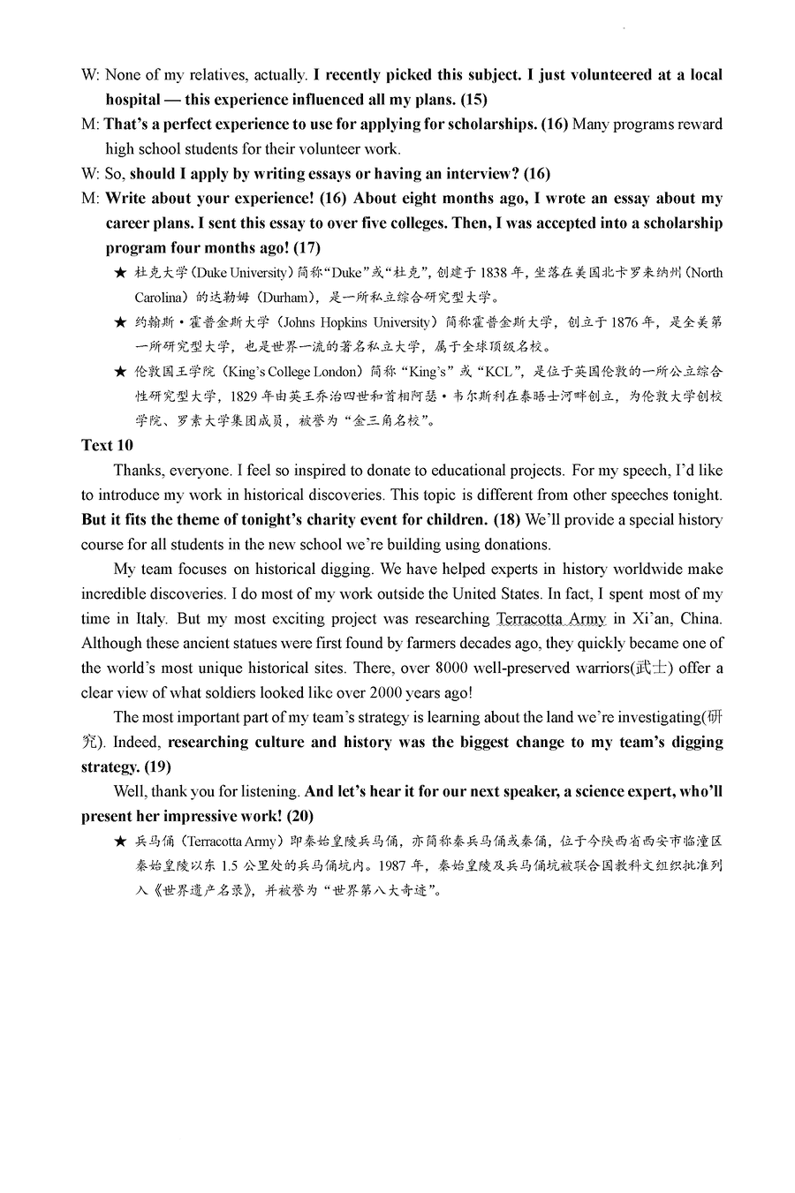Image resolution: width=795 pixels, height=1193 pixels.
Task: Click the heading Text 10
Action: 107,445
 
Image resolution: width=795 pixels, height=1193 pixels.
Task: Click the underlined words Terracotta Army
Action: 551,618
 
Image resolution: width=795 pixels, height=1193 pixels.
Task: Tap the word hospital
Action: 132,100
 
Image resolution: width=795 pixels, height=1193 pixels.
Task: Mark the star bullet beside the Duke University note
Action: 120,273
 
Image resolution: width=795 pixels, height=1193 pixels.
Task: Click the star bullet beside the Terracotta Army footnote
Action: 120,842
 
